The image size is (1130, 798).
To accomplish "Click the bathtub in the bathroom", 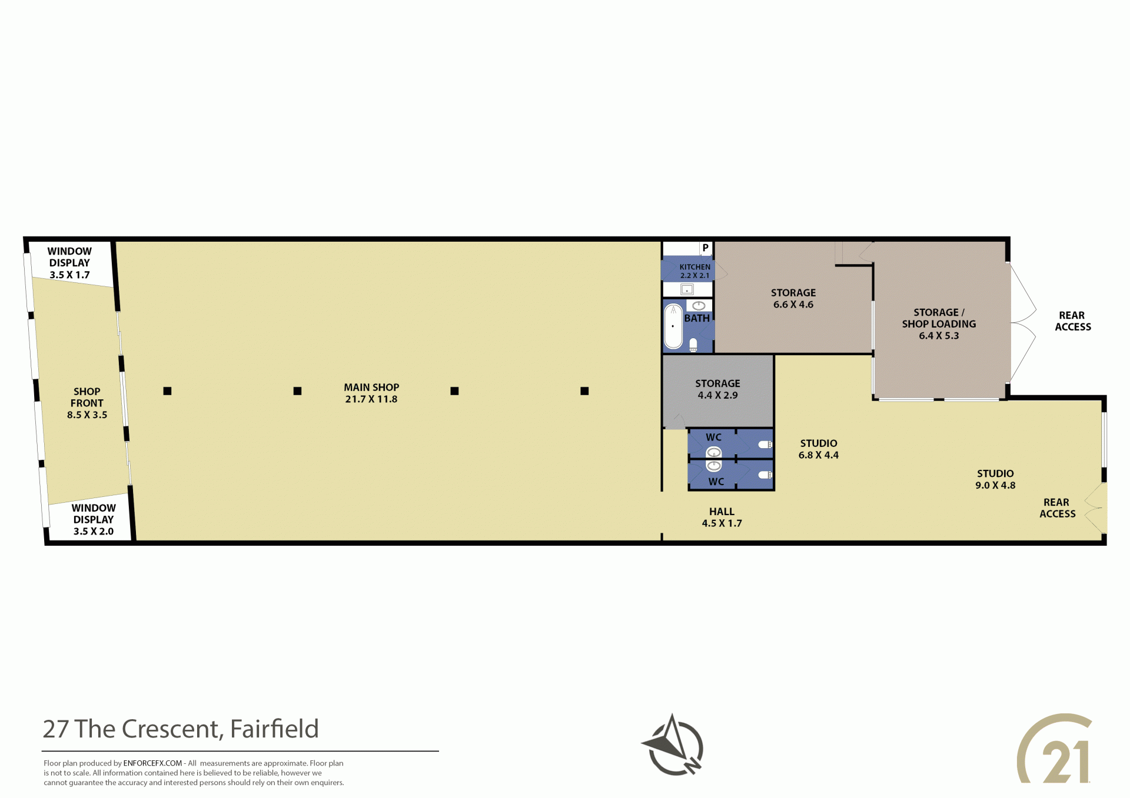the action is coord(673,326).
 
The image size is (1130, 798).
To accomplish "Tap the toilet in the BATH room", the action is coord(693,345).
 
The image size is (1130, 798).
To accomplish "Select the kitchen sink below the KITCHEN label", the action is coord(687,289).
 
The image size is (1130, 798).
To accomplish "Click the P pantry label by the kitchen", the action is coord(705,248).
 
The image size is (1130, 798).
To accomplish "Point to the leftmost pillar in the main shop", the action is coord(167,391).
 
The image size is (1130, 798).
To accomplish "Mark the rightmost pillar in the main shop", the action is coord(584,391).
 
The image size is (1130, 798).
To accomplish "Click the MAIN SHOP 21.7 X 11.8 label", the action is coord(371,393).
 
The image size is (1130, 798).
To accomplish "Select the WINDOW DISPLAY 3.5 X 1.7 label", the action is coord(69,263).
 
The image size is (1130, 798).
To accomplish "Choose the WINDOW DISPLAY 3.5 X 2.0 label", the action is coord(94,519).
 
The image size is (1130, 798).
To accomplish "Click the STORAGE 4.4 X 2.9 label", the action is coord(717,389).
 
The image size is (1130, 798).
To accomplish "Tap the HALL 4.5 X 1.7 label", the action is coord(722,517).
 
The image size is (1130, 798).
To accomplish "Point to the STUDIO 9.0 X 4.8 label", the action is coord(995,479).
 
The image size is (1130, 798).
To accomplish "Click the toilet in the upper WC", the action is coord(765,445).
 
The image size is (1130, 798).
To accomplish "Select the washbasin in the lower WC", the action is coord(714,466).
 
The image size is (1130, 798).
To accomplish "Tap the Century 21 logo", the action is coord(1054,749).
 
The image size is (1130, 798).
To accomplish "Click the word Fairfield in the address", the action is coord(274,729).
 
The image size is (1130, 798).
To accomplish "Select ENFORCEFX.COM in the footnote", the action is coord(152,763).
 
